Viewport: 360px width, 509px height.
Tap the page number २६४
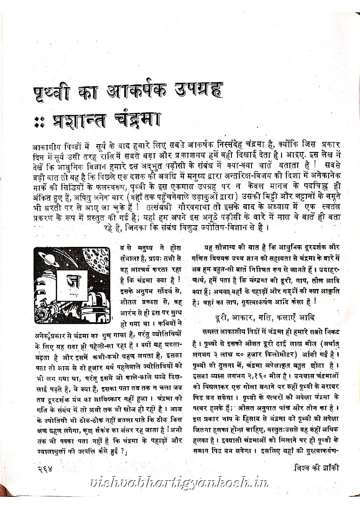click(45, 469)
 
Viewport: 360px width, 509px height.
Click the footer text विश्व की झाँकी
click(314, 468)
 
